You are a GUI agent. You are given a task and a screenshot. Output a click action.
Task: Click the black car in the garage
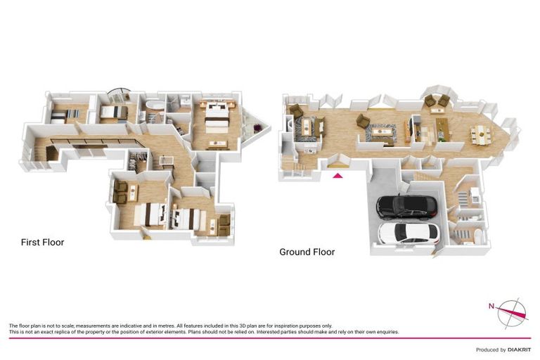(x=407, y=206)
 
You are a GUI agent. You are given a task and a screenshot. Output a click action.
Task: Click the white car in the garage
(x=406, y=233)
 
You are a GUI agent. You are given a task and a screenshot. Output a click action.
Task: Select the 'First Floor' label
(x=42, y=243)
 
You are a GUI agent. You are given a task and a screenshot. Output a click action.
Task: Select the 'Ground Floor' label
(x=307, y=252)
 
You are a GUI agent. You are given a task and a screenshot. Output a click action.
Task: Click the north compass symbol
(x=510, y=310)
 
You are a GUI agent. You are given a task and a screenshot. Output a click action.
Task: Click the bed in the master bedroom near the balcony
(x=214, y=117)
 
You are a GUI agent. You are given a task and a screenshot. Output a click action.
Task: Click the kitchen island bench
(x=442, y=127)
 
